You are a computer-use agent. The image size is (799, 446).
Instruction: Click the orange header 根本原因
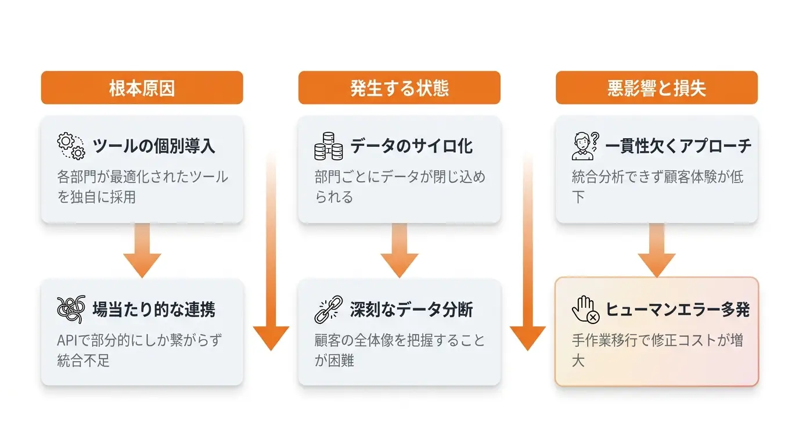pos(142,88)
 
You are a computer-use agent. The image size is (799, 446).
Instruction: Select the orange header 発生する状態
pos(399,88)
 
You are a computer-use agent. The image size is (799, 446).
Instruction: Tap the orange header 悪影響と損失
pos(657,88)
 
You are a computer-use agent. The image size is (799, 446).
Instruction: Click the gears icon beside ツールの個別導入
pos(71,146)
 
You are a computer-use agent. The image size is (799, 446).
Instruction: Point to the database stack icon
pos(329,146)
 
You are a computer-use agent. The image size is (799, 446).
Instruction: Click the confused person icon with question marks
pos(585,146)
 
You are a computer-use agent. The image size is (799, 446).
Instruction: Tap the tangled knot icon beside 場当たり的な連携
pos(71,310)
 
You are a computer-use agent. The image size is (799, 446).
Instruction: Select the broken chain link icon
pos(329,310)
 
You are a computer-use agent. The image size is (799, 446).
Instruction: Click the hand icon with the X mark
pos(585,310)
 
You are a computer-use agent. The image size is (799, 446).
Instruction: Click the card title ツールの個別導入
pos(154,146)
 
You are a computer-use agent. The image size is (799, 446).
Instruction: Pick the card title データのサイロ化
pos(411,146)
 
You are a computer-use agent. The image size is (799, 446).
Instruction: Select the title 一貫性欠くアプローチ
pos(678,146)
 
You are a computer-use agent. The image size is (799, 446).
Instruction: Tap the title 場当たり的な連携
pos(154,310)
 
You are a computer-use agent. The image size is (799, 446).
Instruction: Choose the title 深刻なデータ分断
pos(411,310)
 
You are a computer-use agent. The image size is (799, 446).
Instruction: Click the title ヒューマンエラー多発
pos(678,310)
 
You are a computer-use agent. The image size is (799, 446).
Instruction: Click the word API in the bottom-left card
pos(67,340)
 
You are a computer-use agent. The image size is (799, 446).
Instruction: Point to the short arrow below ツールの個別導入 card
pos(142,250)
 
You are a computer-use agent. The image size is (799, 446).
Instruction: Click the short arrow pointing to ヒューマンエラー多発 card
pos(657,250)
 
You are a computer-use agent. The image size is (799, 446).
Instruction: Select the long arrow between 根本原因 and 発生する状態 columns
pos(271,251)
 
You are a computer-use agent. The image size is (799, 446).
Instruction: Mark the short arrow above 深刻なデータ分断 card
pos(399,250)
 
